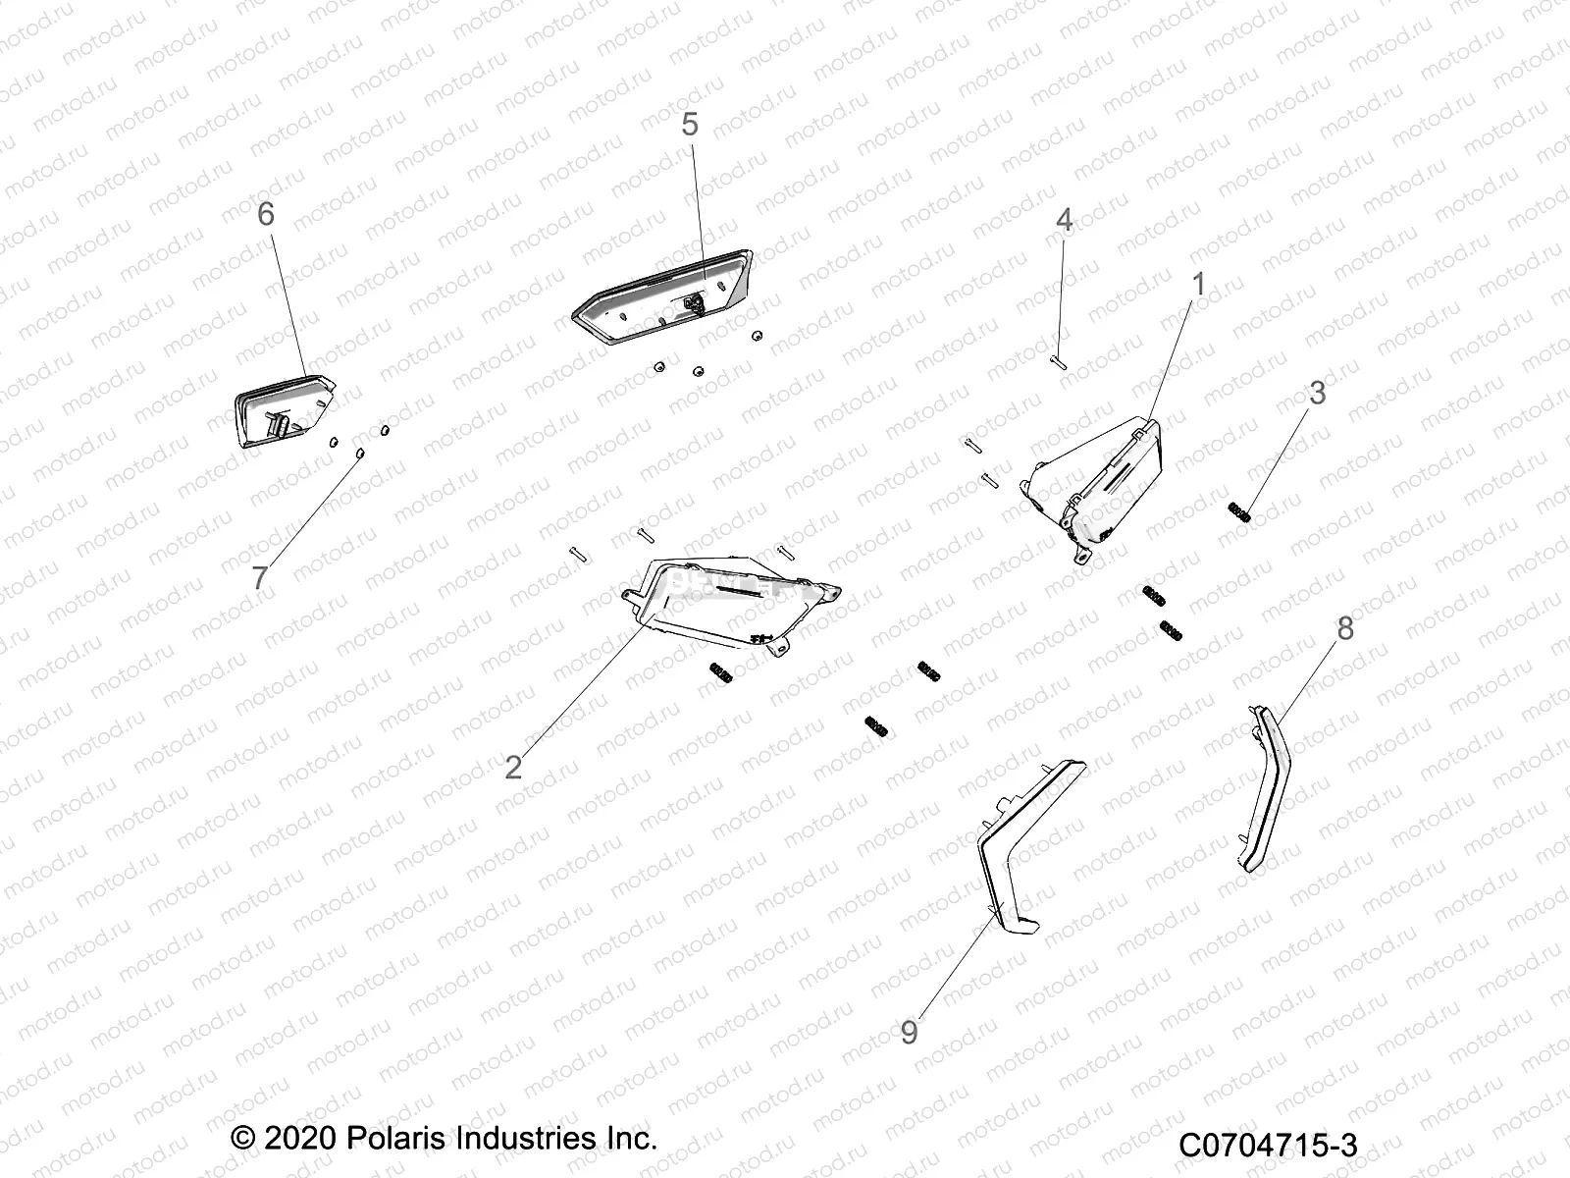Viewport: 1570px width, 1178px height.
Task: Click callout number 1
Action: [1197, 285]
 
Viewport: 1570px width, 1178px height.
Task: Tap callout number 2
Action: [513, 767]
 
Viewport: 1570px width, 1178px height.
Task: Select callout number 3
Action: [1318, 394]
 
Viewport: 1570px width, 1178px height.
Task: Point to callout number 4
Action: [1064, 221]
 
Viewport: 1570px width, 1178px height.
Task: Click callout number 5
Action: [690, 125]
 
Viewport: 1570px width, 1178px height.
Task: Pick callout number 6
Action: [266, 214]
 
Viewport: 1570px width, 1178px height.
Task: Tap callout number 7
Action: [259, 577]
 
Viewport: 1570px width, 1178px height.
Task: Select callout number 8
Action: [1345, 628]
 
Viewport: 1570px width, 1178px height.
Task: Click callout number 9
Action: [910, 1033]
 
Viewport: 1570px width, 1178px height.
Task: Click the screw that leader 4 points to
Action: [1058, 363]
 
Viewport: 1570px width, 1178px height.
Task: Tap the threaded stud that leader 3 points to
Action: [1239, 511]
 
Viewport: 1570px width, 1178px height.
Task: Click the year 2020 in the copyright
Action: [298, 1139]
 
